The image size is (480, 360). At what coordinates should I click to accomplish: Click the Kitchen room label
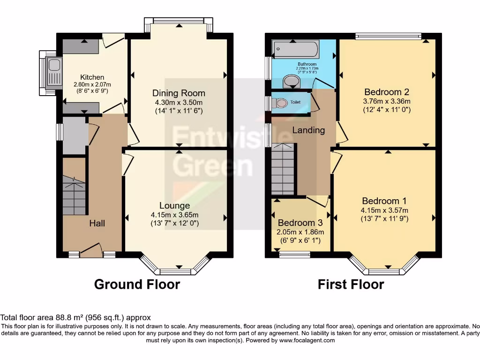(92, 77)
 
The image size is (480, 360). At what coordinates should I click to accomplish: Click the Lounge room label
(174, 205)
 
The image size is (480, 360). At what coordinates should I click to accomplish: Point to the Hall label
(97, 223)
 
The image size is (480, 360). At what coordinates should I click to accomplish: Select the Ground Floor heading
(137, 284)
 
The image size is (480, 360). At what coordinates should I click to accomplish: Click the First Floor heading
(351, 284)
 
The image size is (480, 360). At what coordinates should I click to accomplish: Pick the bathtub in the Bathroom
(296, 48)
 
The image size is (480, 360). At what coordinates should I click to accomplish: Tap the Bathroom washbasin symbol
(293, 82)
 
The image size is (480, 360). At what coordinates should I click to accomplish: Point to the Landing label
(308, 130)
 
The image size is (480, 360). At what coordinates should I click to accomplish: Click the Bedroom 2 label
(383, 92)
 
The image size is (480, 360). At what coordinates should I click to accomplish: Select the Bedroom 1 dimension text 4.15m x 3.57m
(384, 210)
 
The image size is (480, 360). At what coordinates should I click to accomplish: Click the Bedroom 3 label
(300, 223)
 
